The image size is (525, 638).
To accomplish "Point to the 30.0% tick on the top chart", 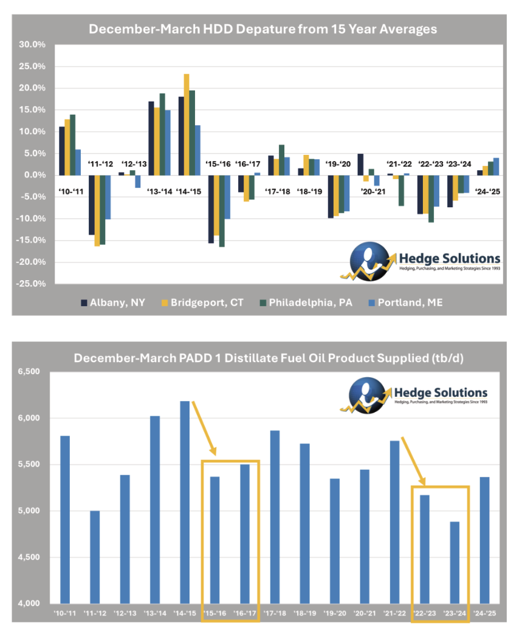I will coord(33,45).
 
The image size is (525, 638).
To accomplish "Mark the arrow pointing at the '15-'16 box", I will coord(204,428).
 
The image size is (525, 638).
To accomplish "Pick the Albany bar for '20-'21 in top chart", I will coord(360,165).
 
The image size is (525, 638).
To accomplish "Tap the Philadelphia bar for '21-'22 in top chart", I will coord(402,190).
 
